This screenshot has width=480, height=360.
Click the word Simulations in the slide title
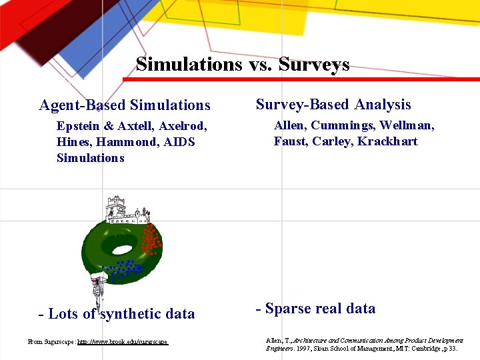[x=189, y=64]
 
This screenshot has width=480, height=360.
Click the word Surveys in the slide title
[x=314, y=64]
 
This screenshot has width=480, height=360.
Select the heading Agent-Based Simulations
[x=125, y=105]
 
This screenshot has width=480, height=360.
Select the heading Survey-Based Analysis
[x=333, y=105]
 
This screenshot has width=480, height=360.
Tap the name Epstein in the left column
[x=77, y=126]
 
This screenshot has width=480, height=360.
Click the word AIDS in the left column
[x=179, y=142]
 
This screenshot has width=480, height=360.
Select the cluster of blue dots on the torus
[x=125, y=269]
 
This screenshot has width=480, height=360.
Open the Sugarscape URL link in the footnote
[x=123, y=342]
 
